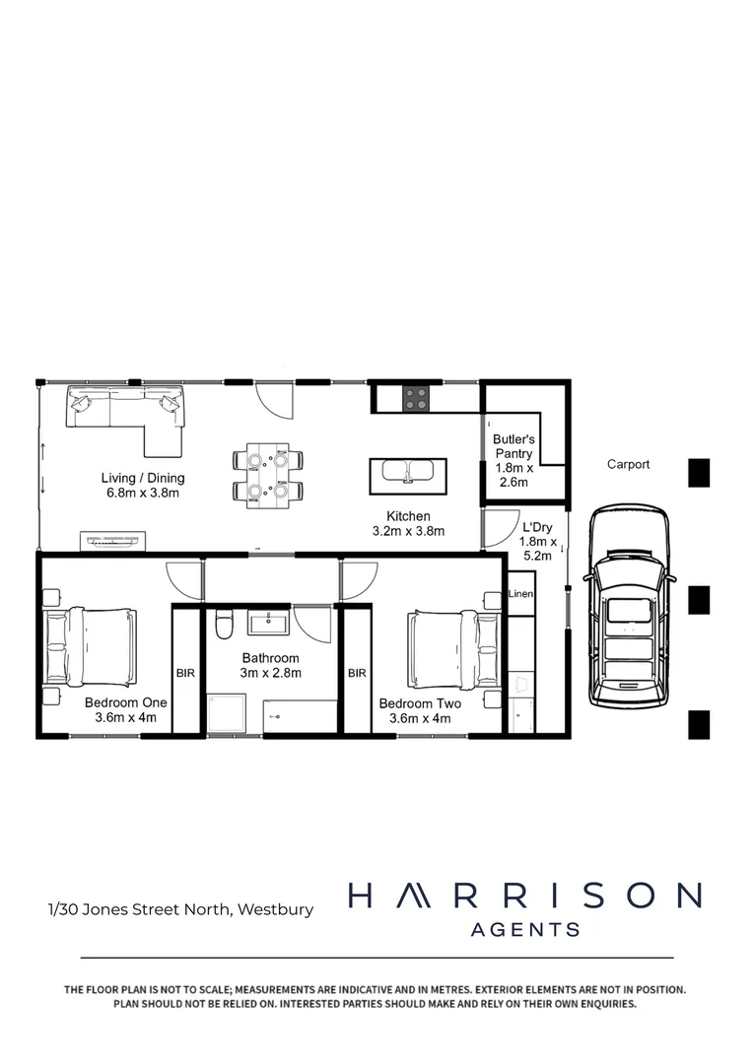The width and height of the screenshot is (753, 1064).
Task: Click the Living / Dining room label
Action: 143,486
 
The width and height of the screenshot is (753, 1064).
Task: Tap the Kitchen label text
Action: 408,523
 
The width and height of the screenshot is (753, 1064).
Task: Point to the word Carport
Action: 628,464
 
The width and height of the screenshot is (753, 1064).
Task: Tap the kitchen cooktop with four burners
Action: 416,398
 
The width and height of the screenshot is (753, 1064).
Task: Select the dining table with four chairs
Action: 268,474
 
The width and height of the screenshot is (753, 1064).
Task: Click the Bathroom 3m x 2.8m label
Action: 271,665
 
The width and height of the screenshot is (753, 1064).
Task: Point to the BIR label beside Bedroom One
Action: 185,674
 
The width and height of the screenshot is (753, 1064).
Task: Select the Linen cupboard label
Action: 520,594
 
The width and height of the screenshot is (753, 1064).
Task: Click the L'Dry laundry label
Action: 538,541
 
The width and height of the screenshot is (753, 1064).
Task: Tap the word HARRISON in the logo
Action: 524,895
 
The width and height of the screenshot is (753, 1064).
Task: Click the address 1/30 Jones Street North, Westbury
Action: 180,909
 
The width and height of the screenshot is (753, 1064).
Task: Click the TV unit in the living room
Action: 114,540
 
